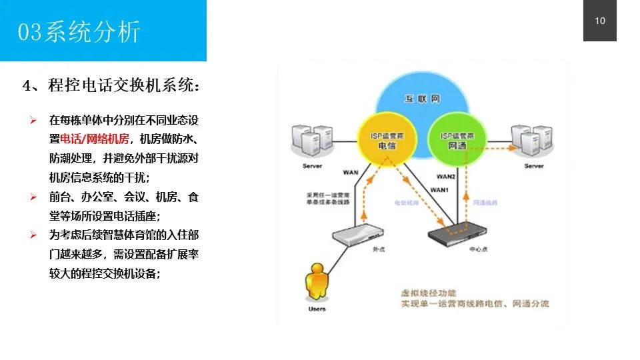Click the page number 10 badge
pyautogui.click(x=600, y=21)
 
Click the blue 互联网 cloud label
pyautogui.click(x=423, y=99)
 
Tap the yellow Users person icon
pyautogui.click(x=318, y=283)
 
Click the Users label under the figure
pyautogui.click(x=317, y=309)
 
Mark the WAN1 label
pyautogui.click(x=439, y=190)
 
